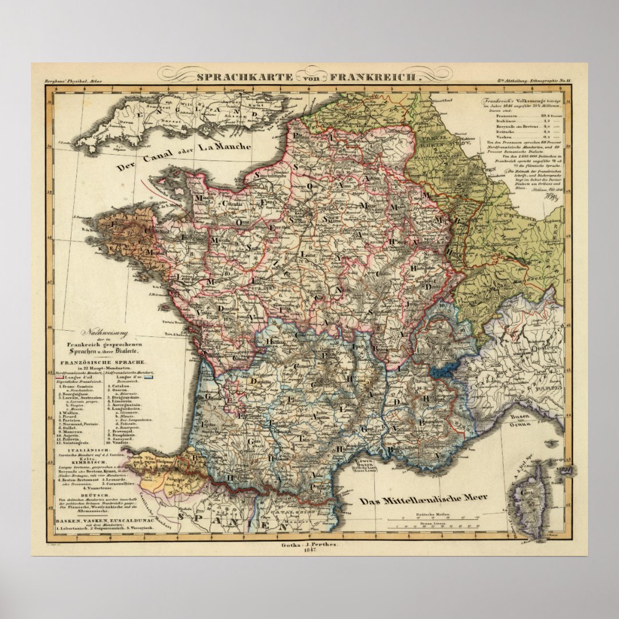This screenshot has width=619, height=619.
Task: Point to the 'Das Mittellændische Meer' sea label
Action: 424,499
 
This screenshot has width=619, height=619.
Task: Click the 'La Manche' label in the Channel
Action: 224,148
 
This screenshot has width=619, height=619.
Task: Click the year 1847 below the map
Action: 309,551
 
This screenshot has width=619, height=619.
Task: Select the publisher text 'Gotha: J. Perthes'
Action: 309,544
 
